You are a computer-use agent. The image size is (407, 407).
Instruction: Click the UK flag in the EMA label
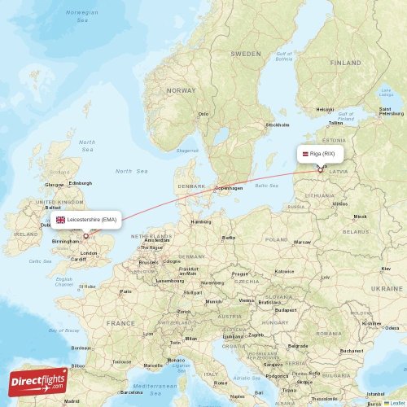(x=60, y=220)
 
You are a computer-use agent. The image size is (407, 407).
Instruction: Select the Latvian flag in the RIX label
(x=300, y=153)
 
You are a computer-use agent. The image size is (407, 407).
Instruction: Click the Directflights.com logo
(x=39, y=380)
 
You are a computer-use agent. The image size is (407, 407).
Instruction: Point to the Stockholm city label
(x=278, y=125)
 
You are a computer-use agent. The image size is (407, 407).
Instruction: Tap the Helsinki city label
(x=325, y=109)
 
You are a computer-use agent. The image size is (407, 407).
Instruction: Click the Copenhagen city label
(x=229, y=188)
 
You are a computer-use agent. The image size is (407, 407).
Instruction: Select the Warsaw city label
(x=302, y=242)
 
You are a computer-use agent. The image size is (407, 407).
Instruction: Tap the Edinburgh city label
(x=80, y=182)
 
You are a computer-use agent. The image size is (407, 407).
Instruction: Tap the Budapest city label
(x=285, y=309)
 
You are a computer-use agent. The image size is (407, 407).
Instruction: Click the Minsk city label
(x=360, y=217)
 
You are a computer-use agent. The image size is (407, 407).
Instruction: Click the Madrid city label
(x=72, y=400)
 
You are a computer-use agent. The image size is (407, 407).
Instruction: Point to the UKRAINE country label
(x=387, y=288)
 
